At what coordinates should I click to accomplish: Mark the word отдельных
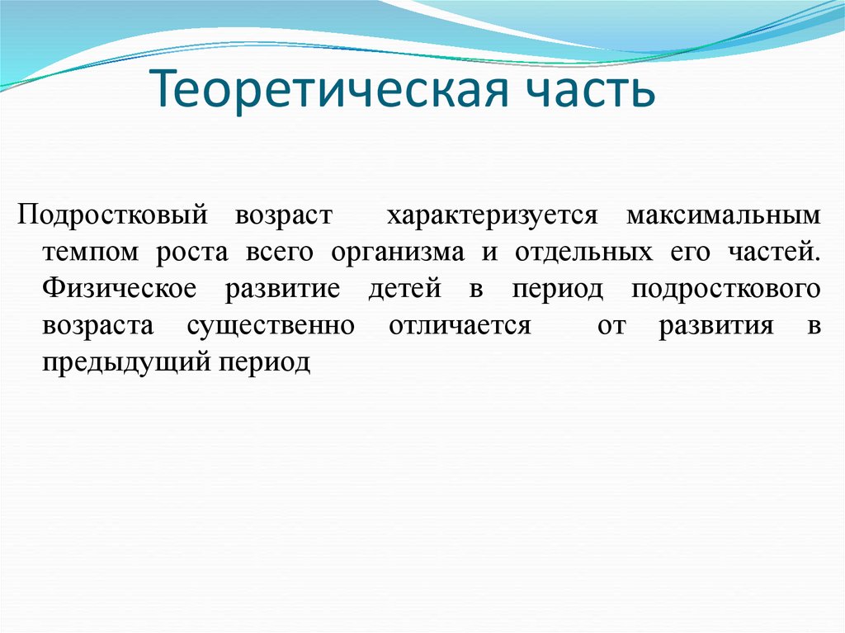coord(578,252)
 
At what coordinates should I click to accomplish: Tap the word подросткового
coord(725,289)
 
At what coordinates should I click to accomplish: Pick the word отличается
coord(459,325)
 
